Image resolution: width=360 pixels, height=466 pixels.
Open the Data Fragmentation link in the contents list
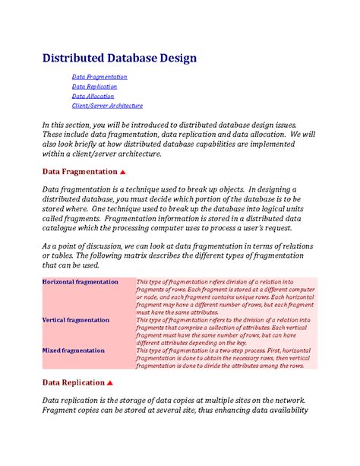[99, 77]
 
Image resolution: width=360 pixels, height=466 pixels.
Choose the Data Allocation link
[93, 97]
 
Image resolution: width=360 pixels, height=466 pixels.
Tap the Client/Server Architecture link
[107, 106]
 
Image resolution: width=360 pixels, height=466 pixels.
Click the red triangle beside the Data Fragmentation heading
[123, 172]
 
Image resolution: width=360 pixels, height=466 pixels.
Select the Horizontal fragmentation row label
[81, 282]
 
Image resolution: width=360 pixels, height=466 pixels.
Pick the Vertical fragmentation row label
[76, 320]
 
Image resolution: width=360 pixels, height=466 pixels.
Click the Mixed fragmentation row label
[74, 350]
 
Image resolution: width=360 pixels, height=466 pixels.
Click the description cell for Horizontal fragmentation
[226, 296]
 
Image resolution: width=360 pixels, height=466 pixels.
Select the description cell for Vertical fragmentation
[226, 331]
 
